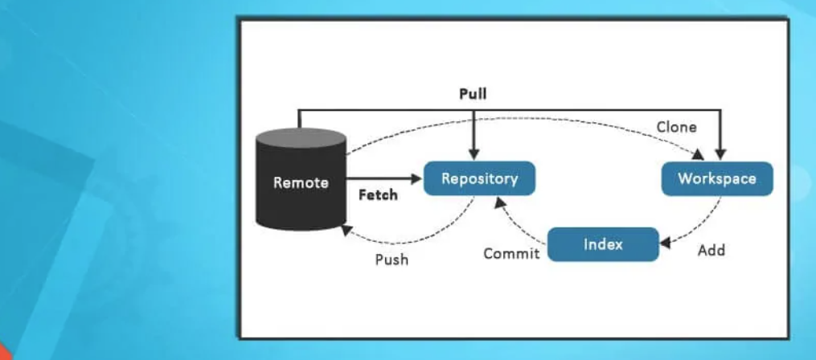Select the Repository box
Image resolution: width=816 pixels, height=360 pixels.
point(479,178)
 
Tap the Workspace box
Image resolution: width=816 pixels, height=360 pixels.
point(717,178)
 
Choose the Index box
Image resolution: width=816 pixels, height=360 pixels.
point(603,244)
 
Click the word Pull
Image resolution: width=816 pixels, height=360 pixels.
point(473,94)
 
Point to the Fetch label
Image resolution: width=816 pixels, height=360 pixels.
point(378,195)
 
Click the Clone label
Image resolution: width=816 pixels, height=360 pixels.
point(676,127)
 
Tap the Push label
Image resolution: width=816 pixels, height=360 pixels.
point(392,260)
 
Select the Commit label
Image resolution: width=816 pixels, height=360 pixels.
point(511,254)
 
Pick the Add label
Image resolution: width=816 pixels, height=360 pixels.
point(711,251)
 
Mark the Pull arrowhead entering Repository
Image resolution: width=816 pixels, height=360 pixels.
point(474,153)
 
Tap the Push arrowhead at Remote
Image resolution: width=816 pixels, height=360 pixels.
point(345,230)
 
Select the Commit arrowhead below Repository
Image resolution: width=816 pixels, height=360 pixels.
point(501,202)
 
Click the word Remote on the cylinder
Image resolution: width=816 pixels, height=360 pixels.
point(301,182)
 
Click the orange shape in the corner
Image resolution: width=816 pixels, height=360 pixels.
point(6,353)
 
